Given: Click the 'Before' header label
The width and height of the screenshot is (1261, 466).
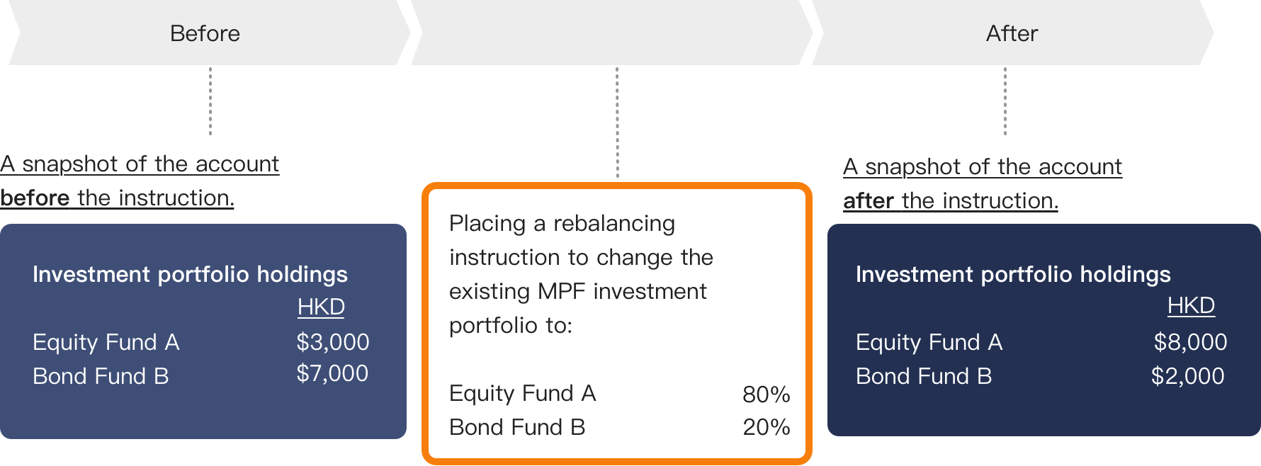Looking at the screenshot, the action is (x=205, y=33).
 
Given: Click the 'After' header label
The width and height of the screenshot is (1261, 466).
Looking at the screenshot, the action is (x=1012, y=33).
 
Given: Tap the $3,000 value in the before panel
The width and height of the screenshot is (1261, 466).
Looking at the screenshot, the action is (x=333, y=342).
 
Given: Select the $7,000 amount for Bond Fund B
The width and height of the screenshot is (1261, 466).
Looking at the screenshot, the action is (x=332, y=373).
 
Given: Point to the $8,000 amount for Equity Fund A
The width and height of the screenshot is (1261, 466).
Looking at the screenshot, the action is (x=1190, y=342).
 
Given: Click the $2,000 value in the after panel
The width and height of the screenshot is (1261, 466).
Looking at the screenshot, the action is (x=1188, y=376).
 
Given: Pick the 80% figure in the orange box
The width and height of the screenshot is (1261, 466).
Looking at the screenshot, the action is (x=767, y=394).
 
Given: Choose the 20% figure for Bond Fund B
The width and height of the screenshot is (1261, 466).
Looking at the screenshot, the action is (x=767, y=427).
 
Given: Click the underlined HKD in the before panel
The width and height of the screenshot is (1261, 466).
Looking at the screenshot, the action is (x=321, y=307).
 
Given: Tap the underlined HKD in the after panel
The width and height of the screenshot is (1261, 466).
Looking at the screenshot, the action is (x=1191, y=305).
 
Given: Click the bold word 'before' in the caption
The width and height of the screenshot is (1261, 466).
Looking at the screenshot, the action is (x=35, y=198).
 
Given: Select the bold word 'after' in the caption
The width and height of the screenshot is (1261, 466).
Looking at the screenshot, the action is (x=869, y=200).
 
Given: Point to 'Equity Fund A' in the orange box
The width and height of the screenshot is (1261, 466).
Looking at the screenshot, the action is (x=523, y=393).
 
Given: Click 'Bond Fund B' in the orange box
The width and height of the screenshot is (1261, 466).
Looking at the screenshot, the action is (x=517, y=427).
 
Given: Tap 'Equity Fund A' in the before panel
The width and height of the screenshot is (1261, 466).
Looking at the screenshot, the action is (x=106, y=342).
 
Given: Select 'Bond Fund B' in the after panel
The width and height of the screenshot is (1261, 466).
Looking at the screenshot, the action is (x=924, y=376).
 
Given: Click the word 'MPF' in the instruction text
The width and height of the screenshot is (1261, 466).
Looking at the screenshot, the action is (x=562, y=291).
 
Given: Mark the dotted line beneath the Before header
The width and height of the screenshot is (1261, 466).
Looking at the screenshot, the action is (x=210, y=101).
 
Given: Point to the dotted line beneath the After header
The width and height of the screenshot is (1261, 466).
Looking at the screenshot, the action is (x=1005, y=101).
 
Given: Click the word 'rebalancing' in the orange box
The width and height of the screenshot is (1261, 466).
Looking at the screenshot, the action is (x=614, y=224).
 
